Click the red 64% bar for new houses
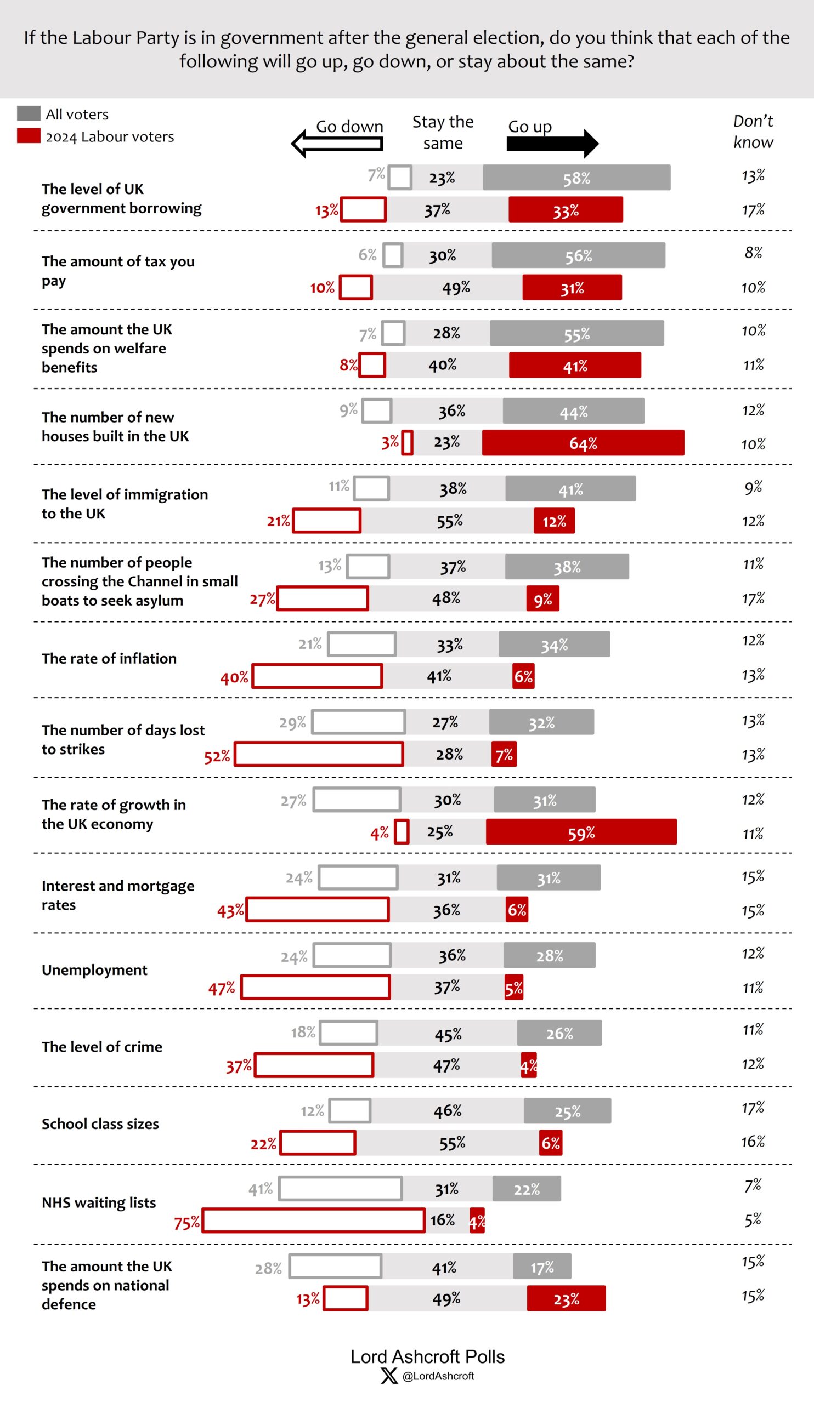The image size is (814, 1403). (583, 443)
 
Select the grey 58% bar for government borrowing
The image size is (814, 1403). (576, 178)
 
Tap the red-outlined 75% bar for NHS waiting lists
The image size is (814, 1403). (313, 1221)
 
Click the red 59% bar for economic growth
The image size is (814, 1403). (581, 832)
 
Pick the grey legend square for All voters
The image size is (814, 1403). (29, 113)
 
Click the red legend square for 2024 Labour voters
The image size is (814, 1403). (29, 136)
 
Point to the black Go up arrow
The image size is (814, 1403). (552, 143)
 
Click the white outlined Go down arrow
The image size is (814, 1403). (337, 144)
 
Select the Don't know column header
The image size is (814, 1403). (753, 132)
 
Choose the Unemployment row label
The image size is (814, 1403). (94, 970)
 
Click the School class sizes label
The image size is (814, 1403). (100, 1124)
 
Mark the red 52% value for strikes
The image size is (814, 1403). (217, 756)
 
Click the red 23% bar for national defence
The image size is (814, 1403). (566, 1298)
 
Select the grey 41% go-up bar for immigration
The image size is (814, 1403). (570, 489)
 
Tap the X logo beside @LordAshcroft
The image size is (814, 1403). (389, 1376)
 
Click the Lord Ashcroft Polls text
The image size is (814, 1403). (427, 1356)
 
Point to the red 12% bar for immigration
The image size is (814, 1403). (554, 521)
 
